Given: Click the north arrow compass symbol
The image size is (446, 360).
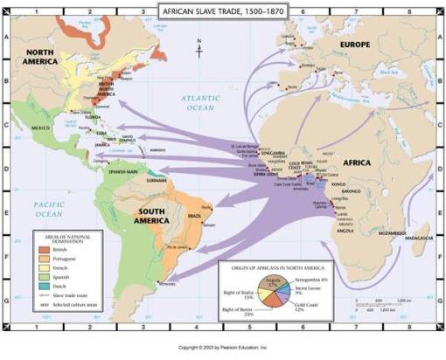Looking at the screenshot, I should (x=200, y=49).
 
